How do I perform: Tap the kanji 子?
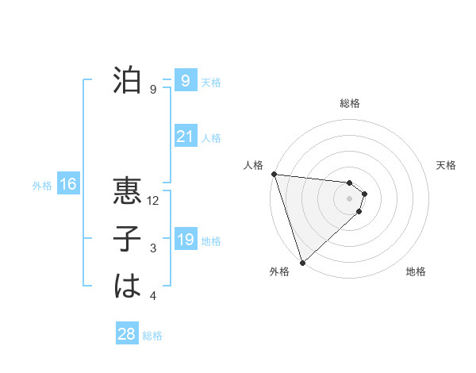click(127, 240)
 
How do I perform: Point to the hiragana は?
click(127, 286)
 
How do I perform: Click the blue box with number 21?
click(185, 137)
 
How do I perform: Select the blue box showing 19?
click(185, 240)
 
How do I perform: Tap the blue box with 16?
click(68, 185)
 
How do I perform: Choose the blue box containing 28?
click(127, 334)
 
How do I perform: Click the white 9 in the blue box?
click(185, 81)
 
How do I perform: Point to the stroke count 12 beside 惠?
click(154, 201)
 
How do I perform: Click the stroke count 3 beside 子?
click(153, 248)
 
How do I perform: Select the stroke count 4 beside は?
click(153, 296)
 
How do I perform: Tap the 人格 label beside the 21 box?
click(211, 138)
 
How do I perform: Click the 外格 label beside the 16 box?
click(42, 186)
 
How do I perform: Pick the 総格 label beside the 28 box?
click(152, 336)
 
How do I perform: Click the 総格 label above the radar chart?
click(350, 103)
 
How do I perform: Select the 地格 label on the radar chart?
click(416, 271)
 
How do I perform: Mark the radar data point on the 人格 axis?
click(274, 174)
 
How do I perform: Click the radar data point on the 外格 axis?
click(302, 261)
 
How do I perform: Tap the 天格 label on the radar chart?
click(447, 165)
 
